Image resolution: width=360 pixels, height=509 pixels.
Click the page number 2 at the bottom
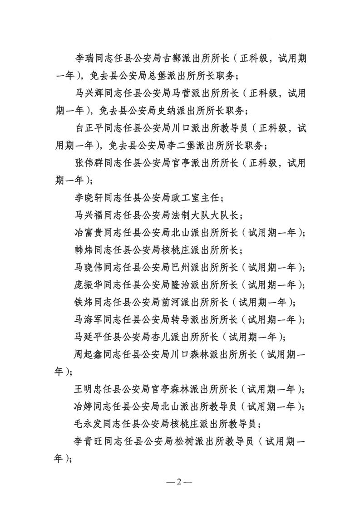179,481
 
